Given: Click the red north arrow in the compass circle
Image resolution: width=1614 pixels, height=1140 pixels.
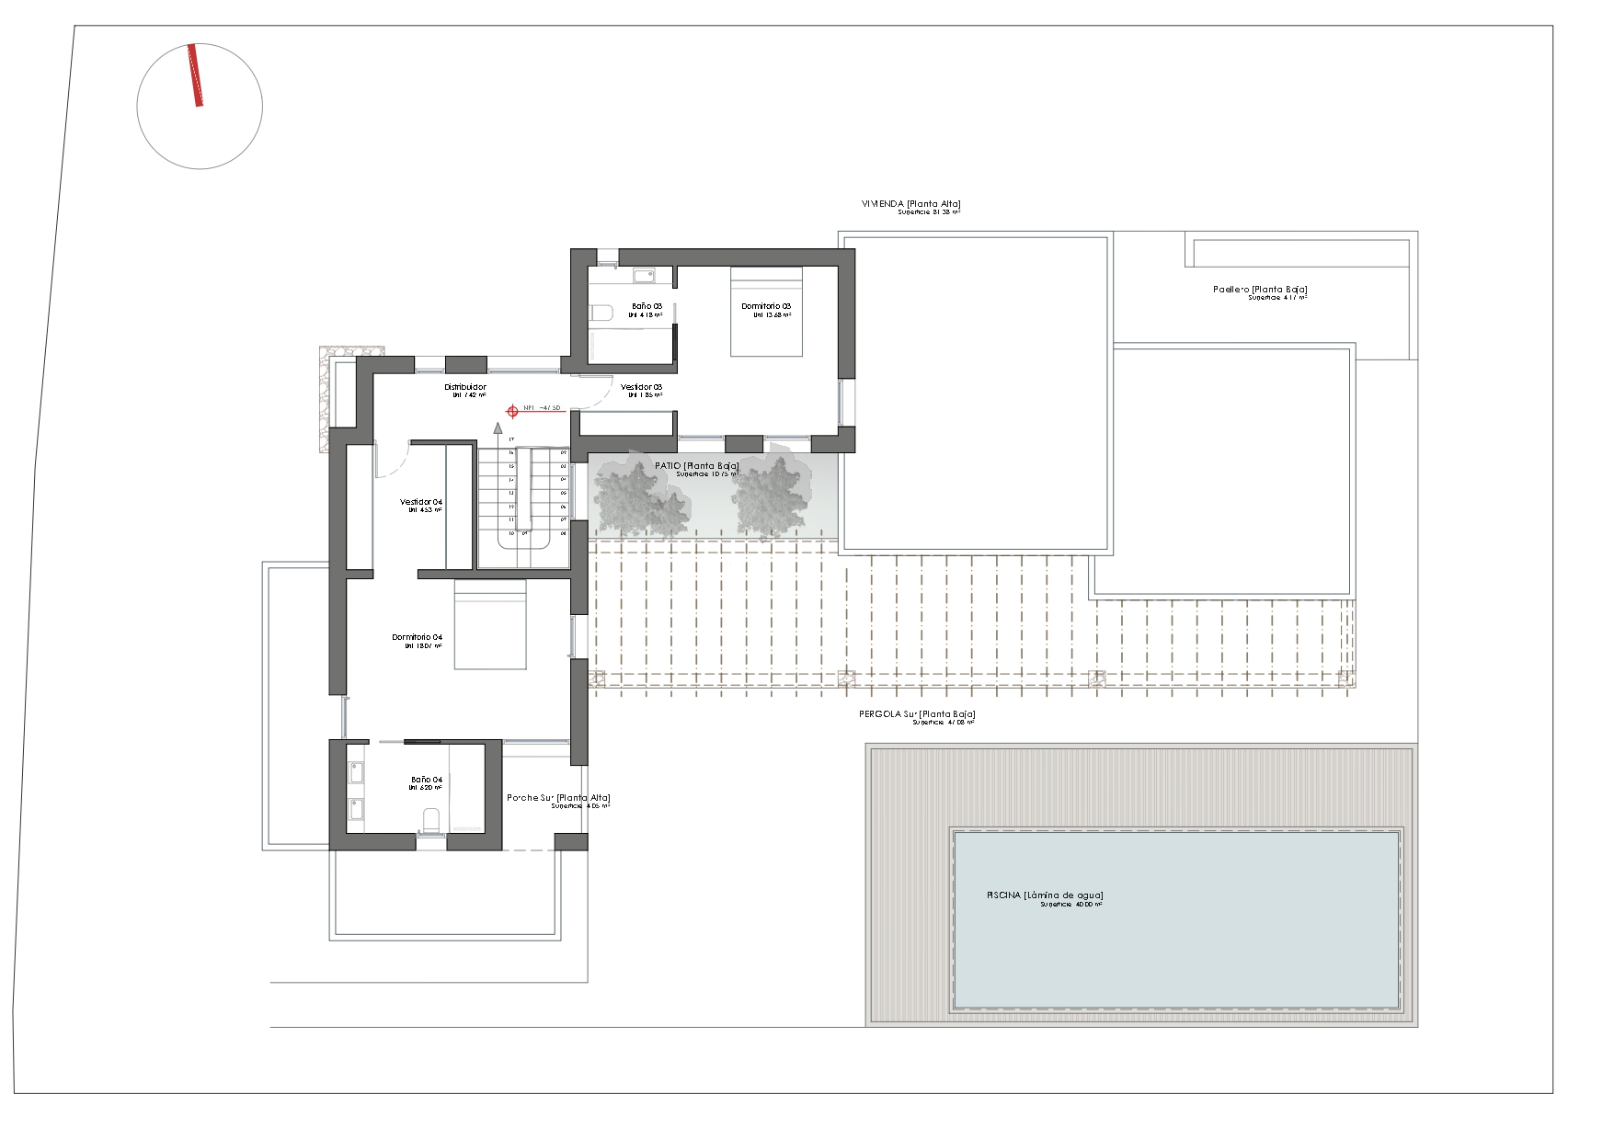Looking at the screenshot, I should tap(195, 75).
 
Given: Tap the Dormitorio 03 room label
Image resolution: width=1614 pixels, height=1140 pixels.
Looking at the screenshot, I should tap(766, 306).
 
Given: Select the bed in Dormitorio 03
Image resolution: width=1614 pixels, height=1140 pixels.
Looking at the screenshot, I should tap(766, 312).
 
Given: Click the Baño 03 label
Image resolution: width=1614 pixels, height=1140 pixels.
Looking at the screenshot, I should tap(647, 306).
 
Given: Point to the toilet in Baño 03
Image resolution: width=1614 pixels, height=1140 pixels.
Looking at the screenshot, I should tap(601, 313).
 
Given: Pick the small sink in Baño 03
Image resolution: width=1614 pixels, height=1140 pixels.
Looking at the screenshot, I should tap(643, 274).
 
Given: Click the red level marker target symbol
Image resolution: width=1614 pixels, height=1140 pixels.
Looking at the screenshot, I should tap(513, 412).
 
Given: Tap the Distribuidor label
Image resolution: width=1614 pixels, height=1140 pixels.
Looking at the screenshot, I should tap(465, 387).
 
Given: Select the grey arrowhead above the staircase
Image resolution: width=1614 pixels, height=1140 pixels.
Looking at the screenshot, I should tap(498, 427).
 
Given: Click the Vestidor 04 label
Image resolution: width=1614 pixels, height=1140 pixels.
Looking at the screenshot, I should tap(421, 502).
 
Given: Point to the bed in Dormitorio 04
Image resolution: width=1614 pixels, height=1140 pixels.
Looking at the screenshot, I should tap(490, 624).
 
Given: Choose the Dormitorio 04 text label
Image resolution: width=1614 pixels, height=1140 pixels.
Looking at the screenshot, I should tap(417, 637).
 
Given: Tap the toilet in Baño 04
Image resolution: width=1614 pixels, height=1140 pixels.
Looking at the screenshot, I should tap(430, 820).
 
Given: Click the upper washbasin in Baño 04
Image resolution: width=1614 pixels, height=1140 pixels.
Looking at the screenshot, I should tap(356, 771).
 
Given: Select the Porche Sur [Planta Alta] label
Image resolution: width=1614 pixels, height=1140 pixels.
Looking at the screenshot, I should tap(558, 798).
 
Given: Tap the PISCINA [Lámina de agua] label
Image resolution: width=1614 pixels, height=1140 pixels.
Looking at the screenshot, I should tap(1045, 895).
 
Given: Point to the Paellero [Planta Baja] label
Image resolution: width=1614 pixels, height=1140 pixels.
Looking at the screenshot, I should tap(1260, 290).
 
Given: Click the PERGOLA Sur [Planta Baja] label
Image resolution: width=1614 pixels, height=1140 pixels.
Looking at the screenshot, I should tap(917, 714).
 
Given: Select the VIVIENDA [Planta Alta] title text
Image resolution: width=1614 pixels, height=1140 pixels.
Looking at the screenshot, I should tap(910, 204).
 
